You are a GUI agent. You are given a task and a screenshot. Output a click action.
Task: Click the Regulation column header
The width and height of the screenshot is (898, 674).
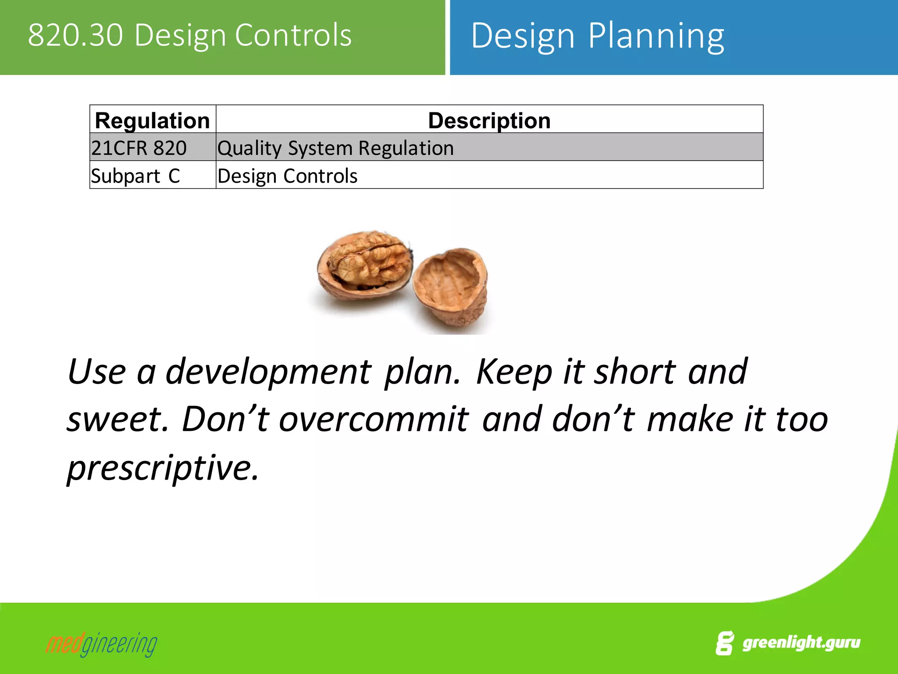point(152,120)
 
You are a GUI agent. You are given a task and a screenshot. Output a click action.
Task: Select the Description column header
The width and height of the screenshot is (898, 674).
point(489,120)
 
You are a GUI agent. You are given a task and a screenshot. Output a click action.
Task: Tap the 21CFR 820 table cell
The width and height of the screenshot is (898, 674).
point(139,148)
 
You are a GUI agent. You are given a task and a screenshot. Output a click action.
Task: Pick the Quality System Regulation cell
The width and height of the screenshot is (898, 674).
point(335,148)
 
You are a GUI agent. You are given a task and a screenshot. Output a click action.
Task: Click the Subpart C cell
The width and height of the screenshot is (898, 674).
point(135,176)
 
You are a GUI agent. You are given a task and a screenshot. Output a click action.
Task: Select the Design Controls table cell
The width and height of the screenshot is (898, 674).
point(287,176)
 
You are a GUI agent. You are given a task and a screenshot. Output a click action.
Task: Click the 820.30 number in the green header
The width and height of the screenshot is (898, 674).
point(75,35)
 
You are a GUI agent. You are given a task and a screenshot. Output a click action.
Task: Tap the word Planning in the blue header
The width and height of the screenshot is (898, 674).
point(656,36)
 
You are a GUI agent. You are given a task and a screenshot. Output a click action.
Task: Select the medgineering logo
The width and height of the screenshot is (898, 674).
point(101,644)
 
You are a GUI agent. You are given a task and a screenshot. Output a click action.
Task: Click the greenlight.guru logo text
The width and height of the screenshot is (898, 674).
point(801,642)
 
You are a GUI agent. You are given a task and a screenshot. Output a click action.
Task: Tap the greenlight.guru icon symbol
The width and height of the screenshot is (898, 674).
point(725,643)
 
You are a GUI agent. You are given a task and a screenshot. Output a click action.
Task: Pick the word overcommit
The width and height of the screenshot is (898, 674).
point(374,419)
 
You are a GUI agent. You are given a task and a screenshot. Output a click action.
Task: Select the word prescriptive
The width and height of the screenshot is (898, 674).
point(162,468)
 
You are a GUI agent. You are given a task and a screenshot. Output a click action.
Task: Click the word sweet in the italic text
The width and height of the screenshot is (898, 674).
point(118,419)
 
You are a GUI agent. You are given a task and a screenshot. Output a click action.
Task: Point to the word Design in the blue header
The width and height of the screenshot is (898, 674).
point(523,36)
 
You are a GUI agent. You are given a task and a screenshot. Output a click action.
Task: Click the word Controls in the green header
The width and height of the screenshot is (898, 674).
point(293,35)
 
